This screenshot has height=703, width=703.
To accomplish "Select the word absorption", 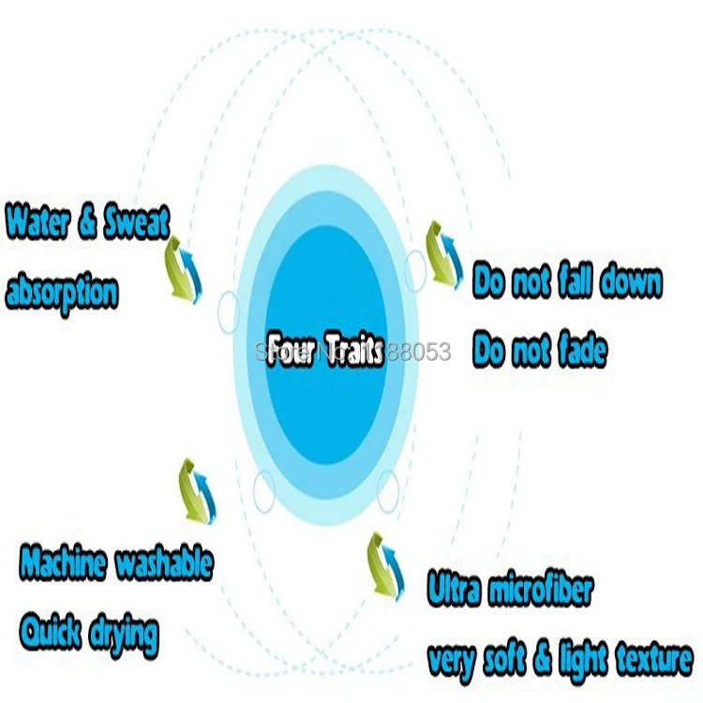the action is point(62,293).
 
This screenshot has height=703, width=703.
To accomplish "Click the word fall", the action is point(573,281).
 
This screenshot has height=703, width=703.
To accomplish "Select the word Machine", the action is point(63,563).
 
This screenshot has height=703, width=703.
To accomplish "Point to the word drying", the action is point(123,636).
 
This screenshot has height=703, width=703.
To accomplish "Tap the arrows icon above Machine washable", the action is point(196,486).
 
